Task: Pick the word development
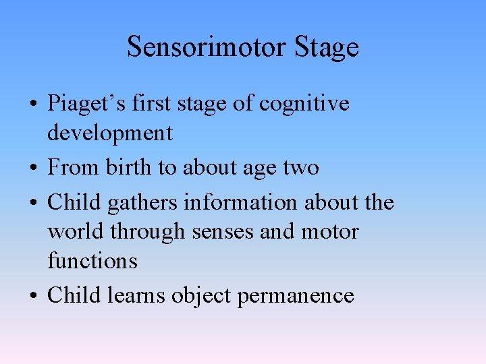tap(109, 133)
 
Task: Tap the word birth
tap(130, 167)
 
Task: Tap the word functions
tap(92, 260)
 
